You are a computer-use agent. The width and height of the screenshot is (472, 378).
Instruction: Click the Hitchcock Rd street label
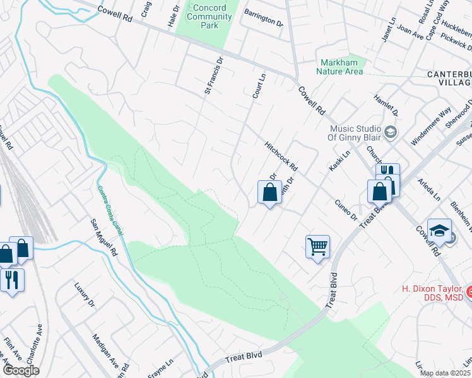click(281, 154)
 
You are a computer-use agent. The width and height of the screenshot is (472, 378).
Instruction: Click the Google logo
click(21, 370)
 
